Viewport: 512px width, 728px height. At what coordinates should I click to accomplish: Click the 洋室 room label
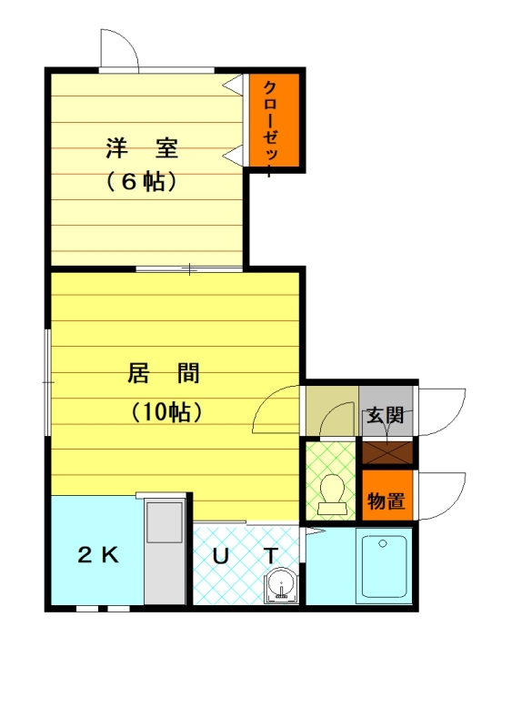tap(140, 146)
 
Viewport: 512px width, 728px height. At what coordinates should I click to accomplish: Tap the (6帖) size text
tap(140, 181)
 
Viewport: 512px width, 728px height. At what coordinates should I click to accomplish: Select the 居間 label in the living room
tap(164, 373)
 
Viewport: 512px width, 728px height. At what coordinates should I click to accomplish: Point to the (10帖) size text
tap(165, 411)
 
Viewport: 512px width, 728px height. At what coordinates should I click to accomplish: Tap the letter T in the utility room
tap(270, 554)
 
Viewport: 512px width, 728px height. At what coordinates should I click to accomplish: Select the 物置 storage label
tap(386, 500)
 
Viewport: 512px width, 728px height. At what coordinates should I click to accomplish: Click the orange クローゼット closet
tap(276, 121)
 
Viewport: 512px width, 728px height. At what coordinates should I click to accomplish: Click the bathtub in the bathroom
tap(384, 569)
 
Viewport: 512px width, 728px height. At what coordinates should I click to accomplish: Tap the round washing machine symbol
tap(282, 585)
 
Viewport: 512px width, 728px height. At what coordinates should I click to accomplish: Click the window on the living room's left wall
tap(49, 382)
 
